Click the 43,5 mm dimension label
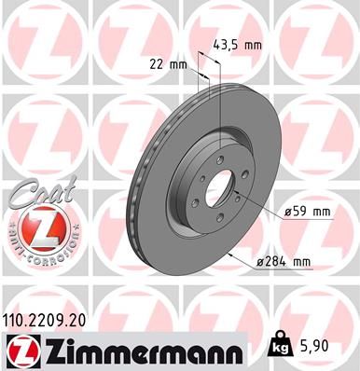[239, 44]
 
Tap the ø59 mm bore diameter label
[309, 213]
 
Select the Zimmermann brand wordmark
[140, 350]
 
